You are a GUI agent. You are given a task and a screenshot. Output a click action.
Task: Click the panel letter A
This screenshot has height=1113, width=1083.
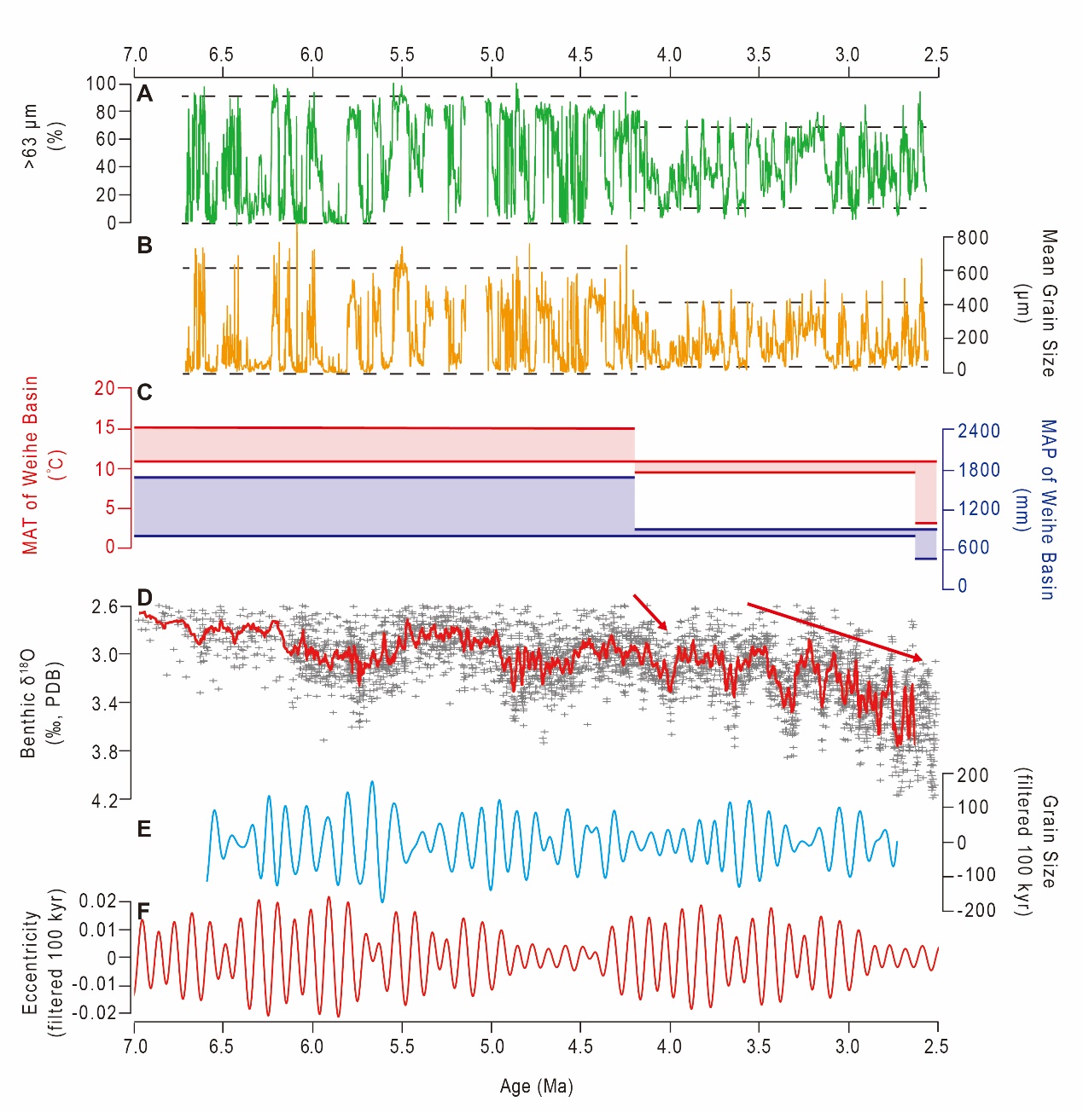145,94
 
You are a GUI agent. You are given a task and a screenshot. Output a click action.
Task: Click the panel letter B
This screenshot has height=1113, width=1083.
145,246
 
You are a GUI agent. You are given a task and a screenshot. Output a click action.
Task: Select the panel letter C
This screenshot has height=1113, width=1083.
145,392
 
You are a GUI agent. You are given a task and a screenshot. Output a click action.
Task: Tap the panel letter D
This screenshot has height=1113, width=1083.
145,598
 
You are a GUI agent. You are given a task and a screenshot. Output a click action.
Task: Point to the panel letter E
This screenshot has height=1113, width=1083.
144,829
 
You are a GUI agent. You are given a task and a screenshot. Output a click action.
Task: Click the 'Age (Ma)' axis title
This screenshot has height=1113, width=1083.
536,1087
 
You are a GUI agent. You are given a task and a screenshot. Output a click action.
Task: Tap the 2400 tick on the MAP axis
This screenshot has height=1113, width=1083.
978,431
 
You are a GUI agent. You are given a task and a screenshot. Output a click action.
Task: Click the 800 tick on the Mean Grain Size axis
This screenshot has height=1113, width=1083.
972,238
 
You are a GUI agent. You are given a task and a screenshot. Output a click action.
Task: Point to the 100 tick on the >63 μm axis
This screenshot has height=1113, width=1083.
101,84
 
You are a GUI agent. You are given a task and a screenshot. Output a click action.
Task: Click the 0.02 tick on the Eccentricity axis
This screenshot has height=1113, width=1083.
97,901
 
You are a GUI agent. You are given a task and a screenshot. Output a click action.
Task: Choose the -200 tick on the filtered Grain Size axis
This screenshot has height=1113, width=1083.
976,910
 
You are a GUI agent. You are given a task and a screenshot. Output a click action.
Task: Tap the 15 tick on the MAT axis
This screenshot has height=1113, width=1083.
105,427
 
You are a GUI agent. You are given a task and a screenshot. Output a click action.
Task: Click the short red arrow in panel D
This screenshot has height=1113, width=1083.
649,612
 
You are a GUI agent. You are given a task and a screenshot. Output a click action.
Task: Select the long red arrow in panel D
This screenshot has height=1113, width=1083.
834,632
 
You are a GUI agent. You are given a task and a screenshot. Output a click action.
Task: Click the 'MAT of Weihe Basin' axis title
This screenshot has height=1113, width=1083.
31,465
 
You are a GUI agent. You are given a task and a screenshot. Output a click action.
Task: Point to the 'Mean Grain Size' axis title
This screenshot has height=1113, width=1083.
1048,303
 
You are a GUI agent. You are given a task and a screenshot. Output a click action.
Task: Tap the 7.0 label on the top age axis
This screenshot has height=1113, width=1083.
135,55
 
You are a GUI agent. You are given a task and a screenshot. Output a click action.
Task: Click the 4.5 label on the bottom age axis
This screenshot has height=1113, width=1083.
580,1046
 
